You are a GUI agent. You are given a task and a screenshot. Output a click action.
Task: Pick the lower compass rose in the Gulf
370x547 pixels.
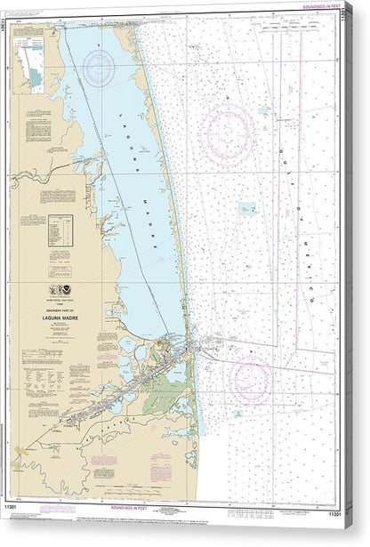[251, 380]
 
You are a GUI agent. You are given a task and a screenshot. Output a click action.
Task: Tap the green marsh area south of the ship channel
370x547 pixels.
[160, 399]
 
